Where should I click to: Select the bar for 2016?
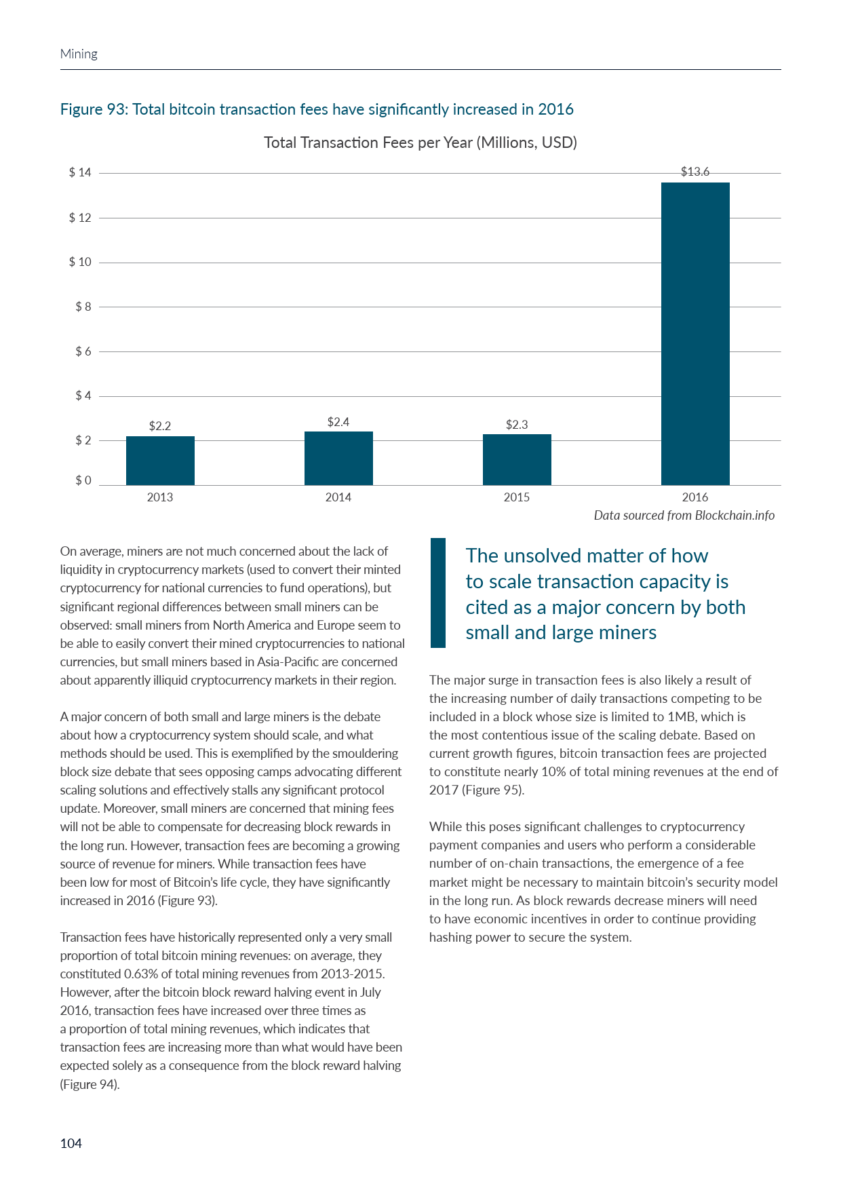[x=695, y=334]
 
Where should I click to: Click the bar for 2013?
[x=160, y=461]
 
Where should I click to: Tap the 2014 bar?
[x=338, y=458]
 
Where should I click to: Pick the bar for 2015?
[x=517, y=459]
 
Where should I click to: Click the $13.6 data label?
[x=695, y=172]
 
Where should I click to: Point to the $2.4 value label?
[x=338, y=422]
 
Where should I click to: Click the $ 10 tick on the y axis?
[x=80, y=262]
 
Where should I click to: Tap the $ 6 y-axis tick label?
[x=83, y=351]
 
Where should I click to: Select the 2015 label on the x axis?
[x=517, y=497]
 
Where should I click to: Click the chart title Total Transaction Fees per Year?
[x=420, y=142]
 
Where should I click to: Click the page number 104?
[x=71, y=1143]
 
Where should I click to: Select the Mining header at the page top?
[x=79, y=54]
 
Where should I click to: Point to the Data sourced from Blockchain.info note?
[x=684, y=515]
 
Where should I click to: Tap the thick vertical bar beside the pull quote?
[x=438, y=593]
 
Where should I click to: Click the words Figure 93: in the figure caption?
[x=94, y=109]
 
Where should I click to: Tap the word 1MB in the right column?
[x=680, y=716]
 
